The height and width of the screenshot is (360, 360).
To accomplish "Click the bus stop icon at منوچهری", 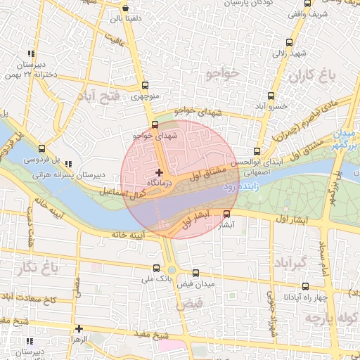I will pyautogui.click(x=145, y=86).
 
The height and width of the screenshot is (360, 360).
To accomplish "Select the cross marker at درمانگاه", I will pyautogui.click(x=160, y=172).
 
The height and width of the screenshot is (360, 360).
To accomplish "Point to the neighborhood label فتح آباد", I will pyautogui.click(x=101, y=95).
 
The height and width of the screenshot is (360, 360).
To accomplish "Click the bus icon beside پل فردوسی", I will pyautogui.click(x=41, y=148).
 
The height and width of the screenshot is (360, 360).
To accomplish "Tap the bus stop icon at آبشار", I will pyautogui.click(x=226, y=214).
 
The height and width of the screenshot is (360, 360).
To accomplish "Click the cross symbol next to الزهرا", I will pyautogui.click(x=79, y=328).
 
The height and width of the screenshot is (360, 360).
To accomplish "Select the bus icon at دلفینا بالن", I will pyautogui.click(x=125, y=8).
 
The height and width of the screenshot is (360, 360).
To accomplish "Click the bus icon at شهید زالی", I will pyautogui.click(x=291, y=42).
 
